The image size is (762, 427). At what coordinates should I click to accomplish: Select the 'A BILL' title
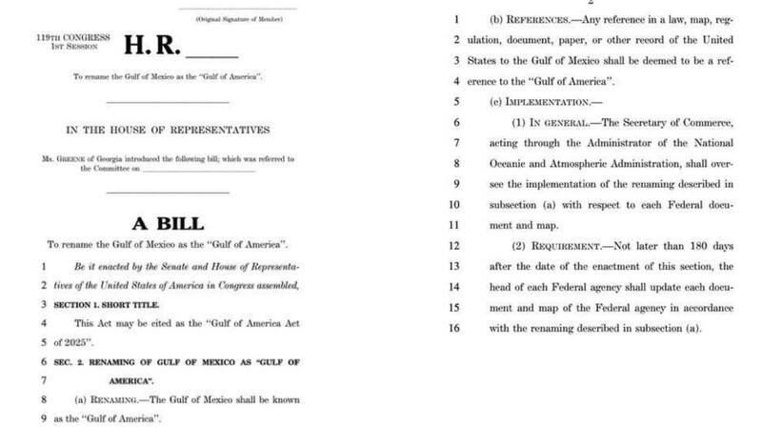pyautogui.click(x=167, y=224)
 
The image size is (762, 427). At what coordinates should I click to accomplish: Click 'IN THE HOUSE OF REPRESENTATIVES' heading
pyautogui.click(x=167, y=130)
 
